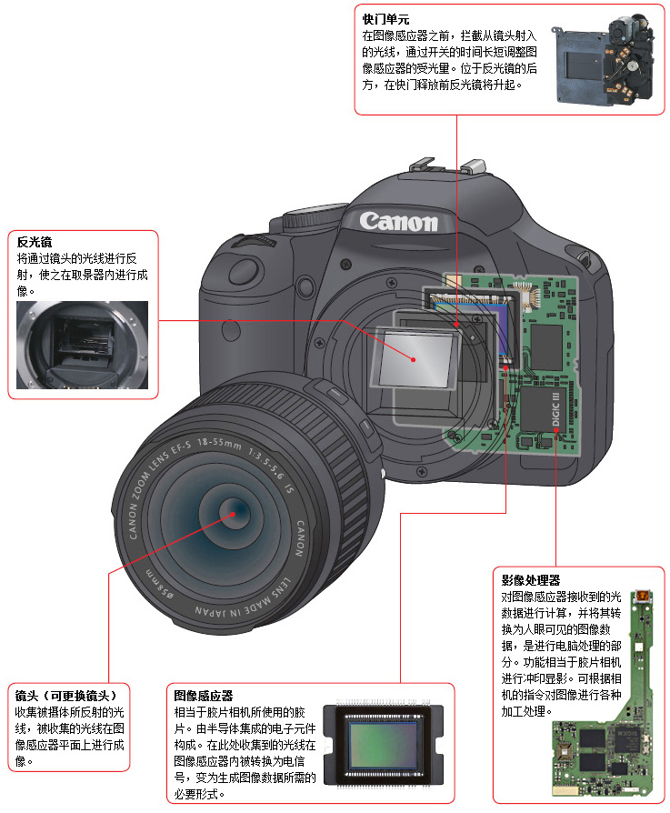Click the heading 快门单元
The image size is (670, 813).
tap(385, 20)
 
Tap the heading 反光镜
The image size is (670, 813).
tap(35, 242)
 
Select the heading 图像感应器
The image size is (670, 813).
tap(203, 696)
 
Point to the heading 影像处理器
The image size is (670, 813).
tap(531, 580)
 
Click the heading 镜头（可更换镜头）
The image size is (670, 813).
tap(65, 696)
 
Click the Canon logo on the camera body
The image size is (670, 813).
tap(398, 221)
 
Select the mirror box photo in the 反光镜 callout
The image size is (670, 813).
tap(83, 345)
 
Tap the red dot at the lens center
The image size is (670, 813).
tap(233, 514)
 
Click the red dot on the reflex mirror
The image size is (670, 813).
tap(414, 359)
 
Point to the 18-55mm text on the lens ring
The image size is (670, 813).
tap(219, 443)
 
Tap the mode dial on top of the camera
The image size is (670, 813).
tap(312, 216)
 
